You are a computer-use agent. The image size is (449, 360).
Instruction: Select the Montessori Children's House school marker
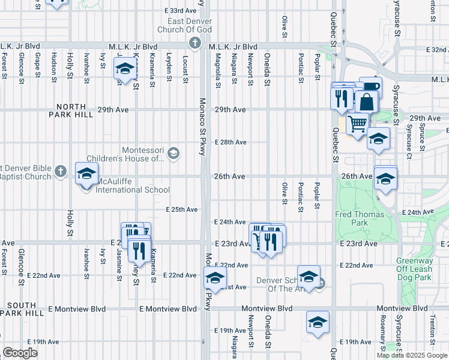pos(173,153)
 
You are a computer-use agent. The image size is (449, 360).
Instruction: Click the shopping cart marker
pos(357,124)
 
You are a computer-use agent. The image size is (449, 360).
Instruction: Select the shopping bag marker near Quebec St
pos(366,101)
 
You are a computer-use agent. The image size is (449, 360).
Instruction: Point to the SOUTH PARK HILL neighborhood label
pos(22,309)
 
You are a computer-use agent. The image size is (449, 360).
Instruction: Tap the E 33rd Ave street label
pos(181,11)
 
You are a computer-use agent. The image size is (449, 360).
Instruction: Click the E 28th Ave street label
pos(231,142)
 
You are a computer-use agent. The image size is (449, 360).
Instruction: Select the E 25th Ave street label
pos(182,209)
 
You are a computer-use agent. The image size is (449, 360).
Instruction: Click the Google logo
pos(20,353)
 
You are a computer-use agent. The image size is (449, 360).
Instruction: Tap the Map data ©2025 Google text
pos(411,355)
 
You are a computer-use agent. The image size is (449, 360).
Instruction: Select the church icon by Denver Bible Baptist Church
pos(60,172)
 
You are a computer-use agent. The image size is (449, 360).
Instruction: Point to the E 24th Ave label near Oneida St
pos(231,222)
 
